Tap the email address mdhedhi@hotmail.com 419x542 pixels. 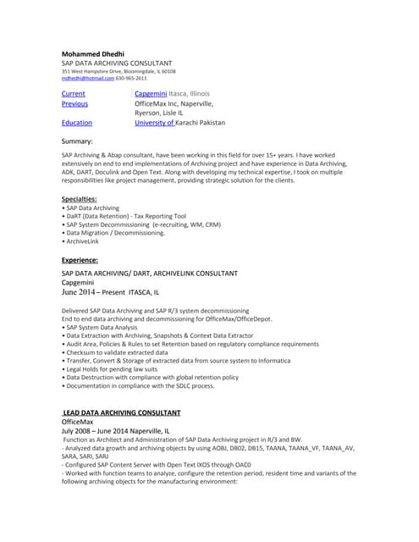coord(85,78)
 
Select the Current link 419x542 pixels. coord(73,93)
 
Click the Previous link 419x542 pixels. coord(74,103)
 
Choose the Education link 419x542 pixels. coord(77,123)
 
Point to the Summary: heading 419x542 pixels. coord(77,141)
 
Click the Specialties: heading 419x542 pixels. coord(80,199)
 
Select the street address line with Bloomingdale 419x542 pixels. coord(119,71)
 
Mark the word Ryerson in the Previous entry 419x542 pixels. coord(148,113)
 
